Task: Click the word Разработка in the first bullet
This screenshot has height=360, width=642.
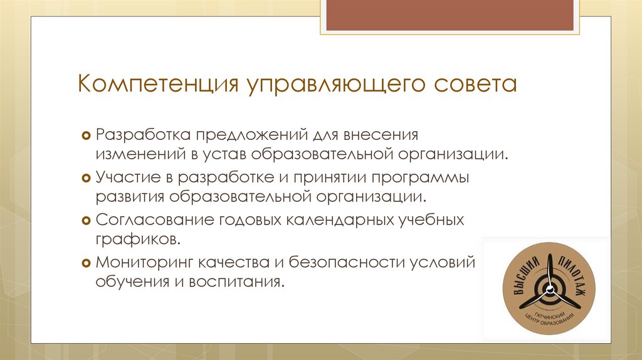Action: coord(142,135)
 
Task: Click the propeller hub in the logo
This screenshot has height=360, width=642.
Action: coord(550,290)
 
